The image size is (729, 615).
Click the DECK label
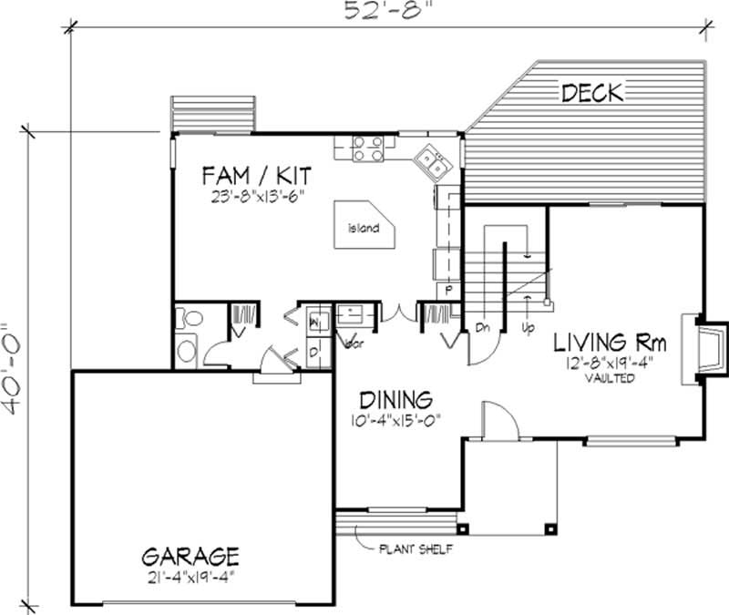point(591,92)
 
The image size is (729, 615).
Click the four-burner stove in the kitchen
point(367,149)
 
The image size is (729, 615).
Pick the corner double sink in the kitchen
point(431,164)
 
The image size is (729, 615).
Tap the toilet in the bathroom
point(189,320)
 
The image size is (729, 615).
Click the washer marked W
point(313,323)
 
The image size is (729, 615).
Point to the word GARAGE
point(190,555)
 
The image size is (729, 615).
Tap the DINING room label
point(394,399)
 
